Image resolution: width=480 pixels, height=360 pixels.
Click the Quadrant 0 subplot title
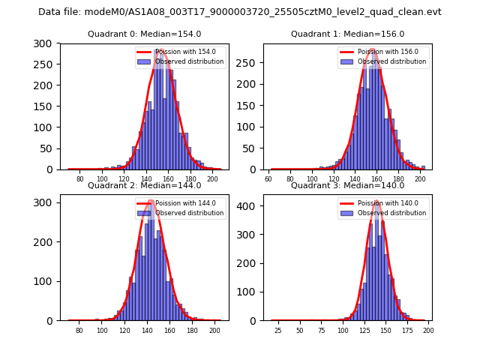click(x=145, y=34)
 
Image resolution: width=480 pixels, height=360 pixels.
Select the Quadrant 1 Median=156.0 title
click(x=347, y=34)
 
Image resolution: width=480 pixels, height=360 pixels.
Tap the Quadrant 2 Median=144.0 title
click(x=145, y=185)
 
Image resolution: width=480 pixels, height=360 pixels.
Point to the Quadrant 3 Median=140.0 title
click(x=347, y=185)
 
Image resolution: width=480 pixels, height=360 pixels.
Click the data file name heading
click(x=240, y=12)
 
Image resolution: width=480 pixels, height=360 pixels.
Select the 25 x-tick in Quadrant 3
click(x=278, y=330)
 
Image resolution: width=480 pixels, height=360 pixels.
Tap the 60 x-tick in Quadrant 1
click(x=269, y=179)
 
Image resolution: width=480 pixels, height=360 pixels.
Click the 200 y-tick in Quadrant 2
click(x=46, y=241)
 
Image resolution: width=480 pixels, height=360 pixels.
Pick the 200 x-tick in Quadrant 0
click(x=212, y=179)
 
